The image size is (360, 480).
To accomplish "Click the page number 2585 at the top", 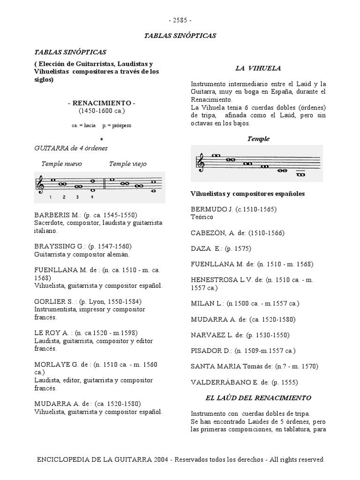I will [180, 20].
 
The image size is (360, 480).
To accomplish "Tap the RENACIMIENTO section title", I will [102, 103].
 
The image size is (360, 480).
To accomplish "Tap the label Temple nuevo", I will [61, 164].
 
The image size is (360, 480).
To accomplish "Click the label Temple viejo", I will [127, 164].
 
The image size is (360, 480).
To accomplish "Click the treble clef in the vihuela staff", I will [202, 162].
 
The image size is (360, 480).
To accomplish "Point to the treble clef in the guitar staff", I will [41, 184].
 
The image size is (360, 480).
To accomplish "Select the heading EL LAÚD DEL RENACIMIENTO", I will [258, 397].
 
